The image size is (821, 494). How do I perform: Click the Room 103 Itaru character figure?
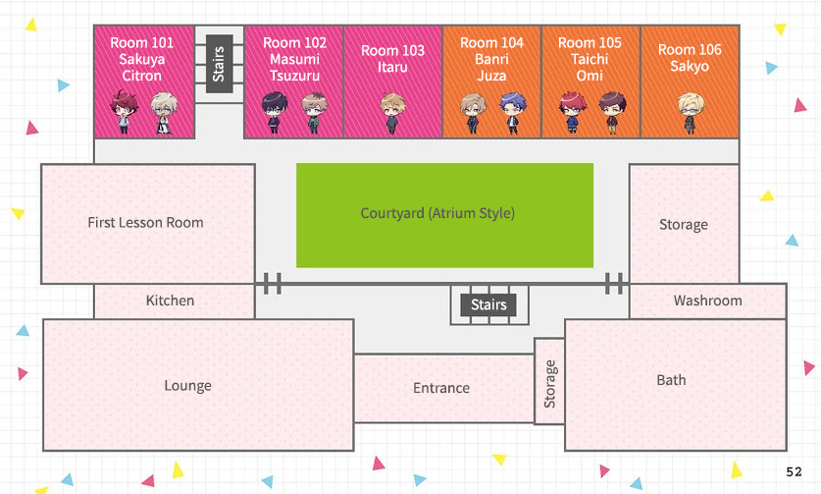[392, 112]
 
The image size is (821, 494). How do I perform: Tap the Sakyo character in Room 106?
[690, 112]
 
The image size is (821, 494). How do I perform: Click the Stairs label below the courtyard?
[488, 304]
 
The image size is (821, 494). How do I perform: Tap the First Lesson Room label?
[145, 223]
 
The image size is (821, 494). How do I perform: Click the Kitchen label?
[170, 301]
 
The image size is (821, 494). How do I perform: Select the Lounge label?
[187, 386]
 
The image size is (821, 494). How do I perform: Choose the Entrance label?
[441, 388]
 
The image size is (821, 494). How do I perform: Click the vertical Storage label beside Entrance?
[549, 383]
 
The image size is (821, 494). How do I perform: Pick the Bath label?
[671, 380]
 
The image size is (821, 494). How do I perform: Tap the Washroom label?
[707, 301]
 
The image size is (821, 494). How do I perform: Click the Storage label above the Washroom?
[683, 225]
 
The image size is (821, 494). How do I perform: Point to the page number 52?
[794, 472]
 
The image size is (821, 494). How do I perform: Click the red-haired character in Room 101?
[122, 113]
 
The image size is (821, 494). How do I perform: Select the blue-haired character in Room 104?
[510, 113]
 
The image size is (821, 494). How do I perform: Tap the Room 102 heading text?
[294, 43]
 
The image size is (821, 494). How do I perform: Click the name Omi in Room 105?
[590, 75]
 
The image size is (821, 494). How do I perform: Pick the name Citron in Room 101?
[142, 76]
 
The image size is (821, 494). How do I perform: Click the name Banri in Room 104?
[491, 59]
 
